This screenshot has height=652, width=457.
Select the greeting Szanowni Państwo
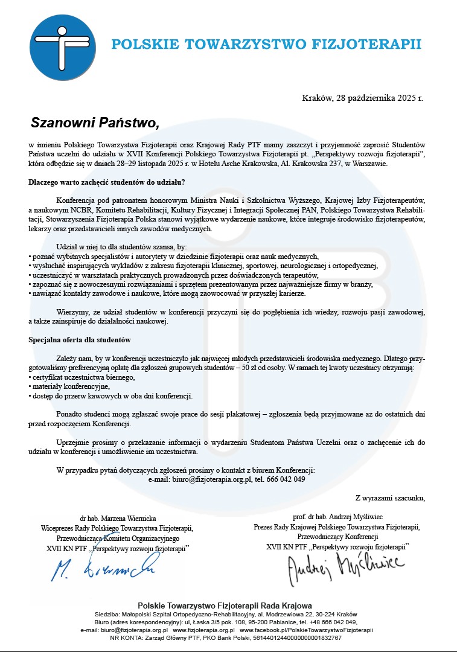pos(94,123)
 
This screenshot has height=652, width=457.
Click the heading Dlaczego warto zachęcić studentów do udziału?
pos(107,182)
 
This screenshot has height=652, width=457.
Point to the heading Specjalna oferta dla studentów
pos(80,340)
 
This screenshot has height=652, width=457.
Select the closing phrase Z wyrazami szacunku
pos(390,498)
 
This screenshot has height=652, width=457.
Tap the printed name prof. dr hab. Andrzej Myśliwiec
pos(336,517)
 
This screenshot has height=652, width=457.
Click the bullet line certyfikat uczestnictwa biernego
pos(83,377)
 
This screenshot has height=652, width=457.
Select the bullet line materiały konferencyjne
pos(70,386)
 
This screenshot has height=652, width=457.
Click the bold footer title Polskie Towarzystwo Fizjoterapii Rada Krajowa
pos(225,606)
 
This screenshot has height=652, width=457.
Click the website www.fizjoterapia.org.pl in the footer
pos(209,630)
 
